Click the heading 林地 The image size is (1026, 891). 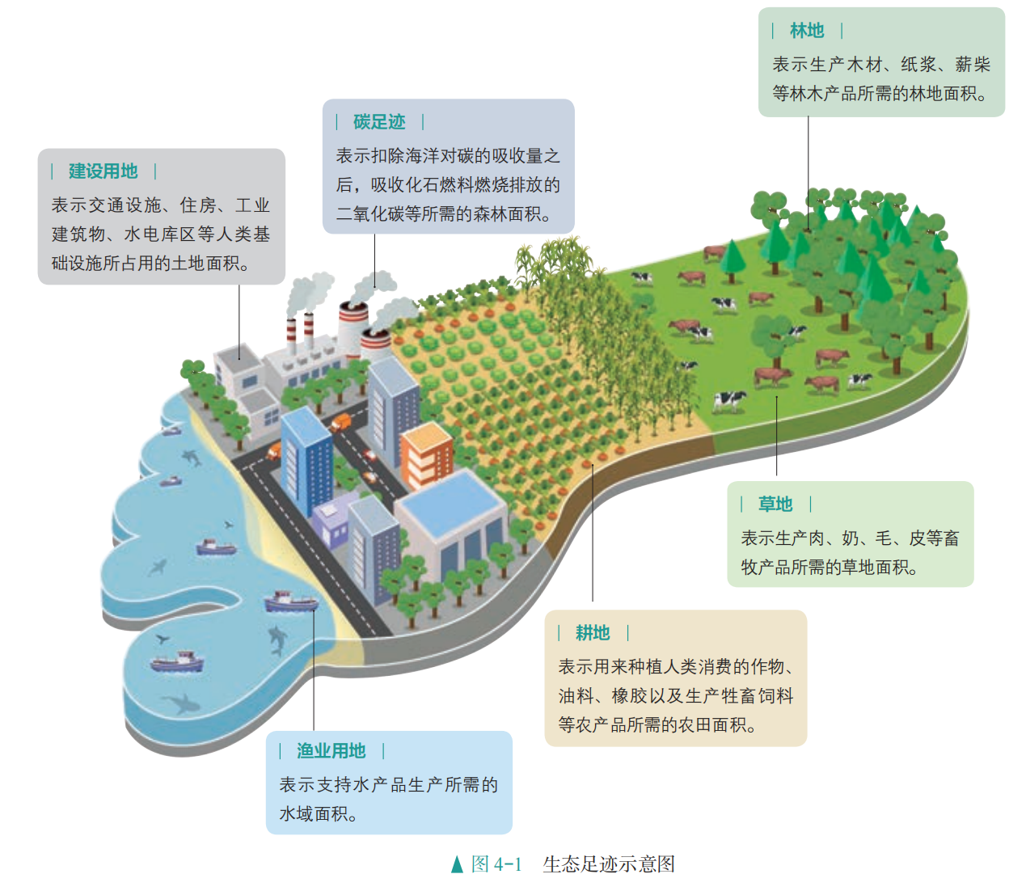click(x=806, y=31)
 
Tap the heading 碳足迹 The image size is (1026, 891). click(x=378, y=122)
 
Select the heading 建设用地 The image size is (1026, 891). click(x=103, y=171)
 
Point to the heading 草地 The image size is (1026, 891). click(x=775, y=504)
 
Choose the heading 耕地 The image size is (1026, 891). click(x=593, y=632)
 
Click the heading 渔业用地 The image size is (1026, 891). click(x=331, y=750)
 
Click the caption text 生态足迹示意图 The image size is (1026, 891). click(x=609, y=864)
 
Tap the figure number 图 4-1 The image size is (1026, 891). click(x=496, y=864)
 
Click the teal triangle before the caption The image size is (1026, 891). click(x=457, y=864)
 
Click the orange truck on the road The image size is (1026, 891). click(x=340, y=422)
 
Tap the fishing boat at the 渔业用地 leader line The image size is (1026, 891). click(x=291, y=602)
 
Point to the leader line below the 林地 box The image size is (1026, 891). click(x=808, y=174)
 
